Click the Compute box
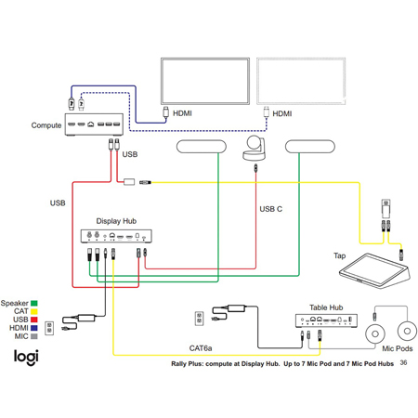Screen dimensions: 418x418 (x=94, y=124)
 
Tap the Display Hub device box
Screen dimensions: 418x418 (x=116, y=236)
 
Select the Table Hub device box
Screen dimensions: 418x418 (x=326, y=320)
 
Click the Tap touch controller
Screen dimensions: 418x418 (x=374, y=271)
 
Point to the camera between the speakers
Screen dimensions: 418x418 (x=255, y=149)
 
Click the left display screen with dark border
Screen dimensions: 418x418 (x=205, y=81)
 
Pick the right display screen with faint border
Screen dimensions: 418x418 (x=301, y=81)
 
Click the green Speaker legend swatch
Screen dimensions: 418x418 (x=34, y=303)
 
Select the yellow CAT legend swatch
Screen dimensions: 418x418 (x=34, y=311)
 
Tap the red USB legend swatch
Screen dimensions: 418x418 (x=34, y=320)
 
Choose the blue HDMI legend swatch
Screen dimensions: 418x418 (x=34, y=328)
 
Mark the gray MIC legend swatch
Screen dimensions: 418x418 (x=34, y=336)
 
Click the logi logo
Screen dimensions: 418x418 (x=26, y=358)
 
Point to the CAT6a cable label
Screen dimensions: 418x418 (x=201, y=348)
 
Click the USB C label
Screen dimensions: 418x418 (x=271, y=209)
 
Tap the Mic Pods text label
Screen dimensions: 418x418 (x=398, y=348)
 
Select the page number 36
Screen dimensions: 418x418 (x=403, y=362)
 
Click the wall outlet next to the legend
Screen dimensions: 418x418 (x=49, y=328)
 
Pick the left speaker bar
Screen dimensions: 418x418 (x=202, y=147)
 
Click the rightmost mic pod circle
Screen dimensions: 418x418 (x=407, y=331)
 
